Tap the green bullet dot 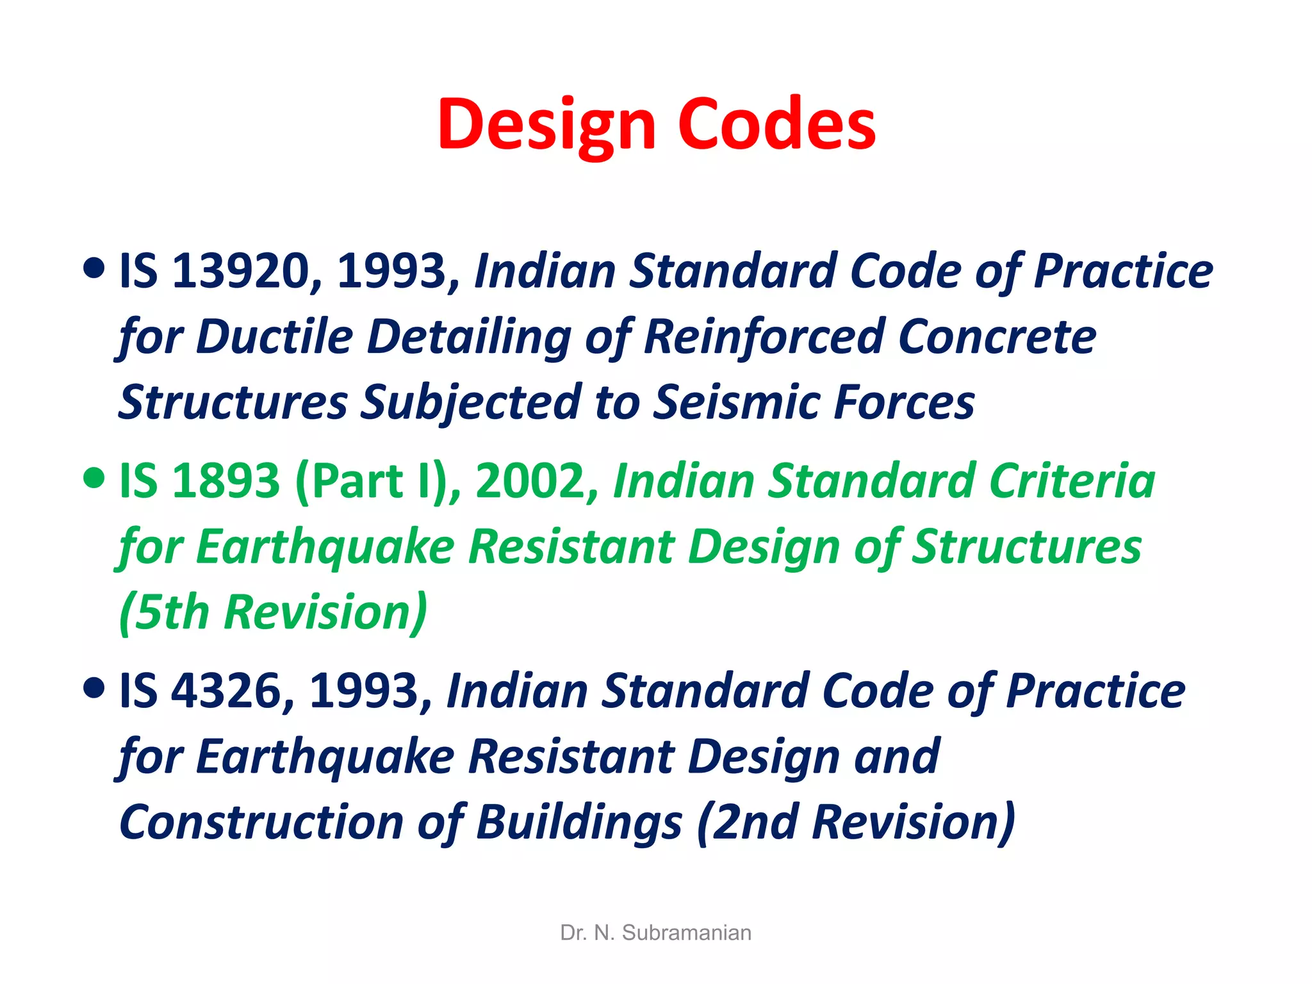pos(94,478)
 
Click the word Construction pos(261,823)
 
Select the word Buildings pos(580,823)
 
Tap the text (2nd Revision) pos(856,823)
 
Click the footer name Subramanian pos(686,933)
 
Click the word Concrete pos(997,336)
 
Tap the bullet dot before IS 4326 pos(94,688)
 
